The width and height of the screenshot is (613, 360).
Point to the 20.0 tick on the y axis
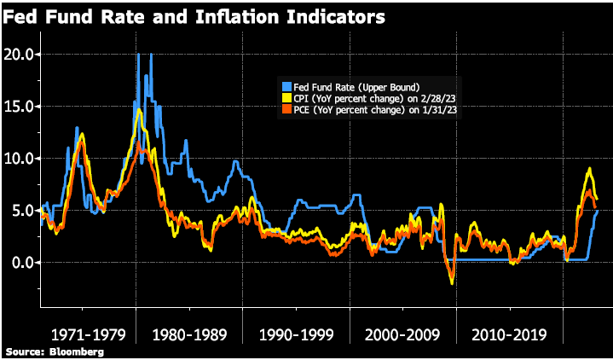pyautogui.click(x=19, y=54)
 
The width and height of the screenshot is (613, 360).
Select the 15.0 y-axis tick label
pyautogui.click(x=19, y=106)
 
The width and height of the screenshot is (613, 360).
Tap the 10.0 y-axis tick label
pyautogui.click(x=19, y=158)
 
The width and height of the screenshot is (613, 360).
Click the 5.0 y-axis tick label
pyautogui.click(x=22, y=210)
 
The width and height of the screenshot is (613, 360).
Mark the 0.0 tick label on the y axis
pyautogui.click(x=22, y=262)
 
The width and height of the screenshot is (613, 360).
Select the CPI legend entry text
pyautogui.click(x=367, y=99)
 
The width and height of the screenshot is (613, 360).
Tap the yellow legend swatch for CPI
pyautogui.click(x=286, y=99)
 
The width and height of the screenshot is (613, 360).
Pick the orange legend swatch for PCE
pyautogui.click(x=286, y=110)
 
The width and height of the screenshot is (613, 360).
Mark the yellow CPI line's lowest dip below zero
pyautogui.click(x=451, y=283)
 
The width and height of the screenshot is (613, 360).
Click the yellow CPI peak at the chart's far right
pyautogui.click(x=587, y=169)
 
